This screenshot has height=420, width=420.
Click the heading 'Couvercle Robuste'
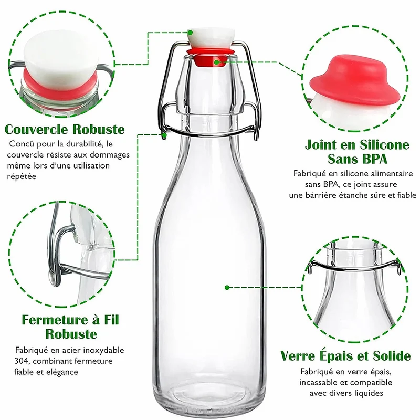click(x=65, y=129)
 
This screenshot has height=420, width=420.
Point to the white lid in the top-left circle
click(x=61, y=58)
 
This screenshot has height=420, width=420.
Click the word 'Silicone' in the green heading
click(x=384, y=145)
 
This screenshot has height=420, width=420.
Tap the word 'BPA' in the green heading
click(x=372, y=159)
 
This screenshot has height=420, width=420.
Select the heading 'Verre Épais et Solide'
click(x=345, y=356)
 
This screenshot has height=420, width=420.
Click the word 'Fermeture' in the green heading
click(x=55, y=320)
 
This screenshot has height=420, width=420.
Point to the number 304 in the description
click(x=22, y=361)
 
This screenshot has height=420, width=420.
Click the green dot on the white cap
click(x=190, y=33)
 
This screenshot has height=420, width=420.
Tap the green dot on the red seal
click(x=217, y=62)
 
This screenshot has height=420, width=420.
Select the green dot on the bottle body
click(x=227, y=288)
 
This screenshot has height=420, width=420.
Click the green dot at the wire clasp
click(x=164, y=135)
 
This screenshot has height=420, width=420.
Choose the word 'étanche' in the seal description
click(x=348, y=195)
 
